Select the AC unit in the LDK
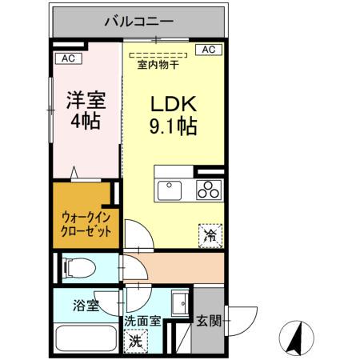click(x=208, y=50)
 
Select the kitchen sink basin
click(x=170, y=190)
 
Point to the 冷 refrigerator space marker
click(x=211, y=234)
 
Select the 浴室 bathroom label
click(x=86, y=306)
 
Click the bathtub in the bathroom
click(x=86, y=336)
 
